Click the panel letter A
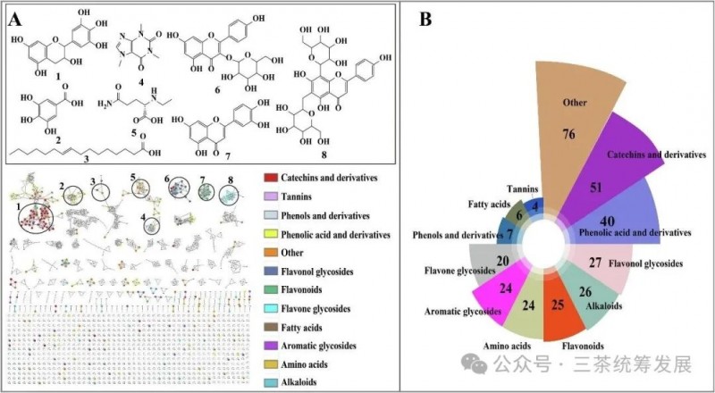(15, 19)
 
